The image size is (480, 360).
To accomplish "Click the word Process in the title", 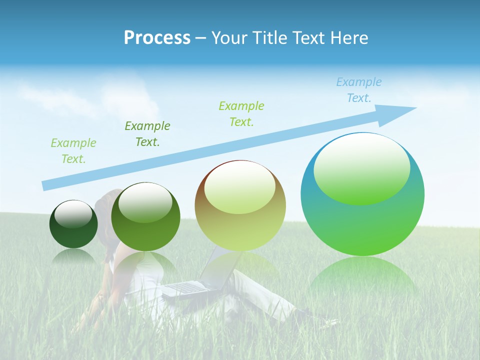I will point(157,38).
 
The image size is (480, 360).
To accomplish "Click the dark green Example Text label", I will point(147,133).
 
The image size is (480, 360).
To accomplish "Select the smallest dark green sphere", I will point(73,224).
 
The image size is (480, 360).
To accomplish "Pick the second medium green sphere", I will point(145,217).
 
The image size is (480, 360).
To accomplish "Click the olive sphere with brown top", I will point(240,206).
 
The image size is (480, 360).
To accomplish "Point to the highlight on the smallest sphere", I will point(73,213).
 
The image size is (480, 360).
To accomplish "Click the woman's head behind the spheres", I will point(106,200).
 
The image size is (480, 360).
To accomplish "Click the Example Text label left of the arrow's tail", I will point(73,150).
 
